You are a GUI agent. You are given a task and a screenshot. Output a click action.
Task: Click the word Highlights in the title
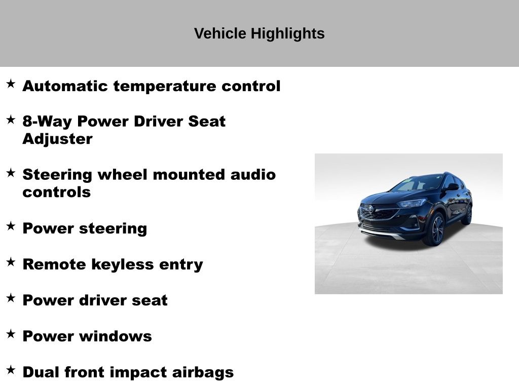(288, 34)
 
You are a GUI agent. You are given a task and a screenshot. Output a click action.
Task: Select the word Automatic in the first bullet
(65, 86)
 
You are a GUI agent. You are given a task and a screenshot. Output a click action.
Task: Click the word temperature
(165, 87)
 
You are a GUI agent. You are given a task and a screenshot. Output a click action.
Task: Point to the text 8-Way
(47, 122)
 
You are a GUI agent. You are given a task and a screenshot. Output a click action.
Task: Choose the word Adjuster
(58, 139)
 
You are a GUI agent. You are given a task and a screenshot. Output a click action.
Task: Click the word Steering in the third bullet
(57, 175)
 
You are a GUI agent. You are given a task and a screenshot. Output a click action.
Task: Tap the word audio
(253, 175)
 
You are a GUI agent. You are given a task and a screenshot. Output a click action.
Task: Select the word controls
(57, 192)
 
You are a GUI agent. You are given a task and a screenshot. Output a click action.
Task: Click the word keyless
(123, 264)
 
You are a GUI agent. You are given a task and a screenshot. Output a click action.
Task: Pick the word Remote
(54, 264)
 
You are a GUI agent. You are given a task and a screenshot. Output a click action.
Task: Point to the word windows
(116, 336)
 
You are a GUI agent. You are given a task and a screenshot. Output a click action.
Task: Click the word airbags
(203, 372)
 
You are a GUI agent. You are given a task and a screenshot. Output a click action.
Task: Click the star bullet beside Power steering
(11, 226)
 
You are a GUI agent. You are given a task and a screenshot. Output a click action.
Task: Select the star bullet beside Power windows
(11, 334)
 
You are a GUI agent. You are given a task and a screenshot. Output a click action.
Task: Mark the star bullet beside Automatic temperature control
(11, 84)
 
